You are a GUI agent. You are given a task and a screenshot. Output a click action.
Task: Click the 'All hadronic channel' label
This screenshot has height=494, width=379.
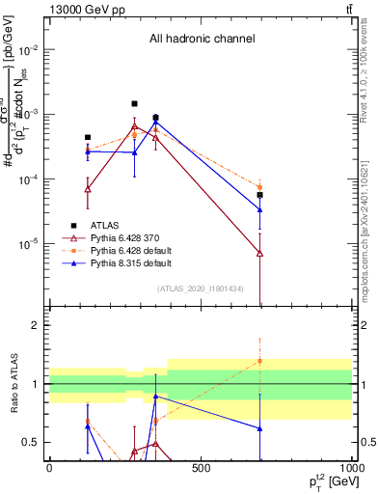(x=202, y=40)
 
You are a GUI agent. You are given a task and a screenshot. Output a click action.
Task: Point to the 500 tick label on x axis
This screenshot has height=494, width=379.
(x=201, y=468)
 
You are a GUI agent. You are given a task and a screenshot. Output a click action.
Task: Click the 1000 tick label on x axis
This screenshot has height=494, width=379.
(x=350, y=468)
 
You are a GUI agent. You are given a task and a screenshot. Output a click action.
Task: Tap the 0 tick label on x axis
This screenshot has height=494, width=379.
(x=49, y=468)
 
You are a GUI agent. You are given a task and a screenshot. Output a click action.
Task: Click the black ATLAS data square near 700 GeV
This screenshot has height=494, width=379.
(x=259, y=195)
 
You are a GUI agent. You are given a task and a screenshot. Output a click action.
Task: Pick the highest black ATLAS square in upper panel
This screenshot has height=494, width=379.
(x=134, y=103)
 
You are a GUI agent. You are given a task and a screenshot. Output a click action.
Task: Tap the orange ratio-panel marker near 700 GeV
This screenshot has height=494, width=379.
(x=259, y=361)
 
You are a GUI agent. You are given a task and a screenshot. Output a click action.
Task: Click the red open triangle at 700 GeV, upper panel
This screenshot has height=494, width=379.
(x=259, y=253)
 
